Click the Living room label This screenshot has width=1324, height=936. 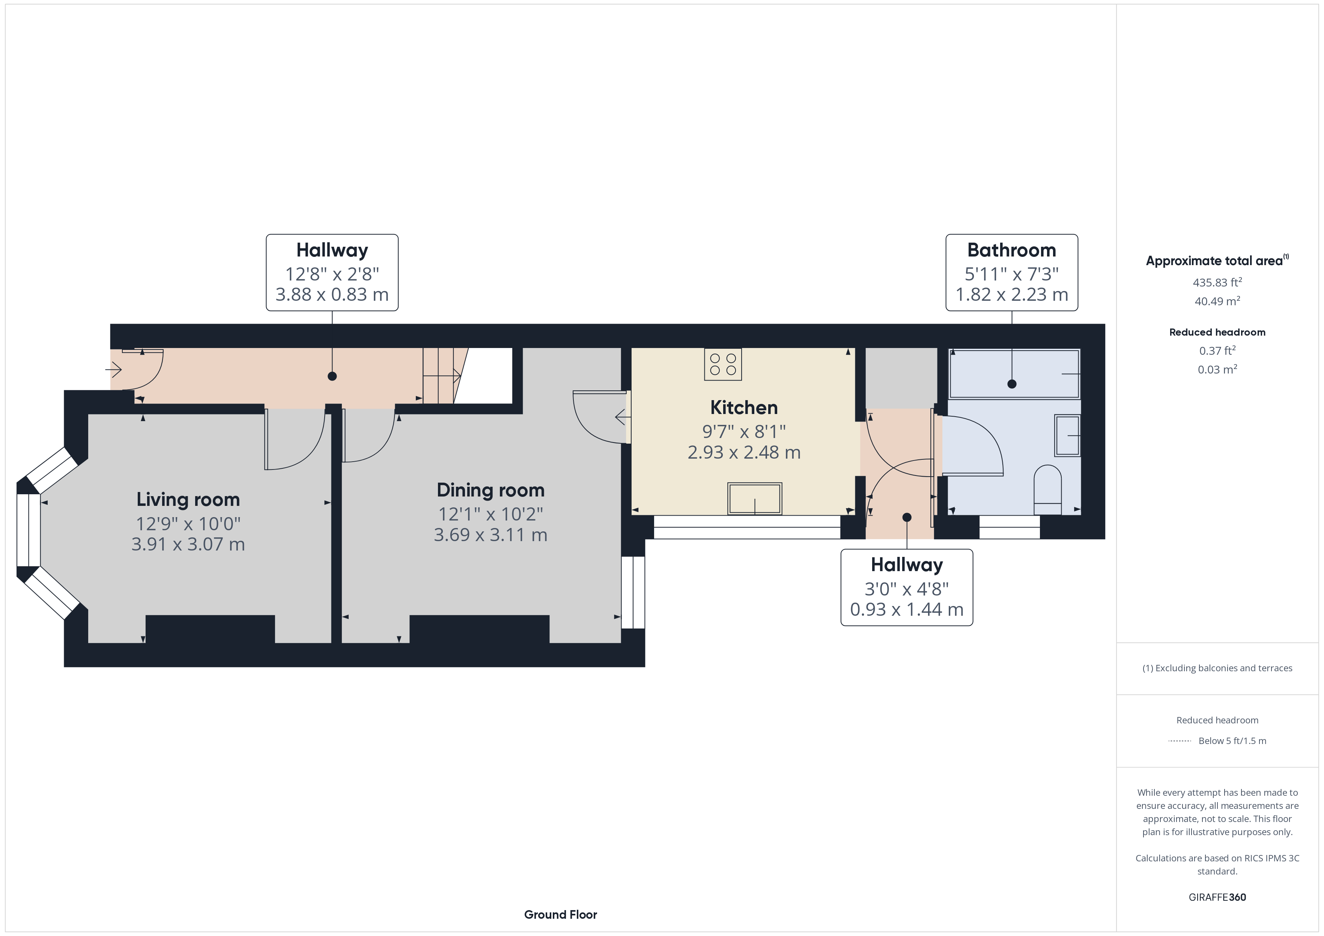click(188, 499)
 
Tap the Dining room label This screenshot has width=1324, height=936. click(491, 490)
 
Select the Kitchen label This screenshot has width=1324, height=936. click(744, 408)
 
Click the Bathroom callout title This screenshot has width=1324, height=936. click(1011, 250)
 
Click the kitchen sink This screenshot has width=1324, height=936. click(754, 498)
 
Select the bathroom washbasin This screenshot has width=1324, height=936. click(1067, 435)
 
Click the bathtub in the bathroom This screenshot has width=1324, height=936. click(1014, 373)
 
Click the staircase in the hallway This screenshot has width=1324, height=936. click(445, 376)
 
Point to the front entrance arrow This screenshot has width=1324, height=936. click(113, 369)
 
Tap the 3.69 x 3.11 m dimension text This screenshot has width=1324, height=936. click(491, 535)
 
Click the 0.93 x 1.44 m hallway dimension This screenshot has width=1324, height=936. click(907, 609)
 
